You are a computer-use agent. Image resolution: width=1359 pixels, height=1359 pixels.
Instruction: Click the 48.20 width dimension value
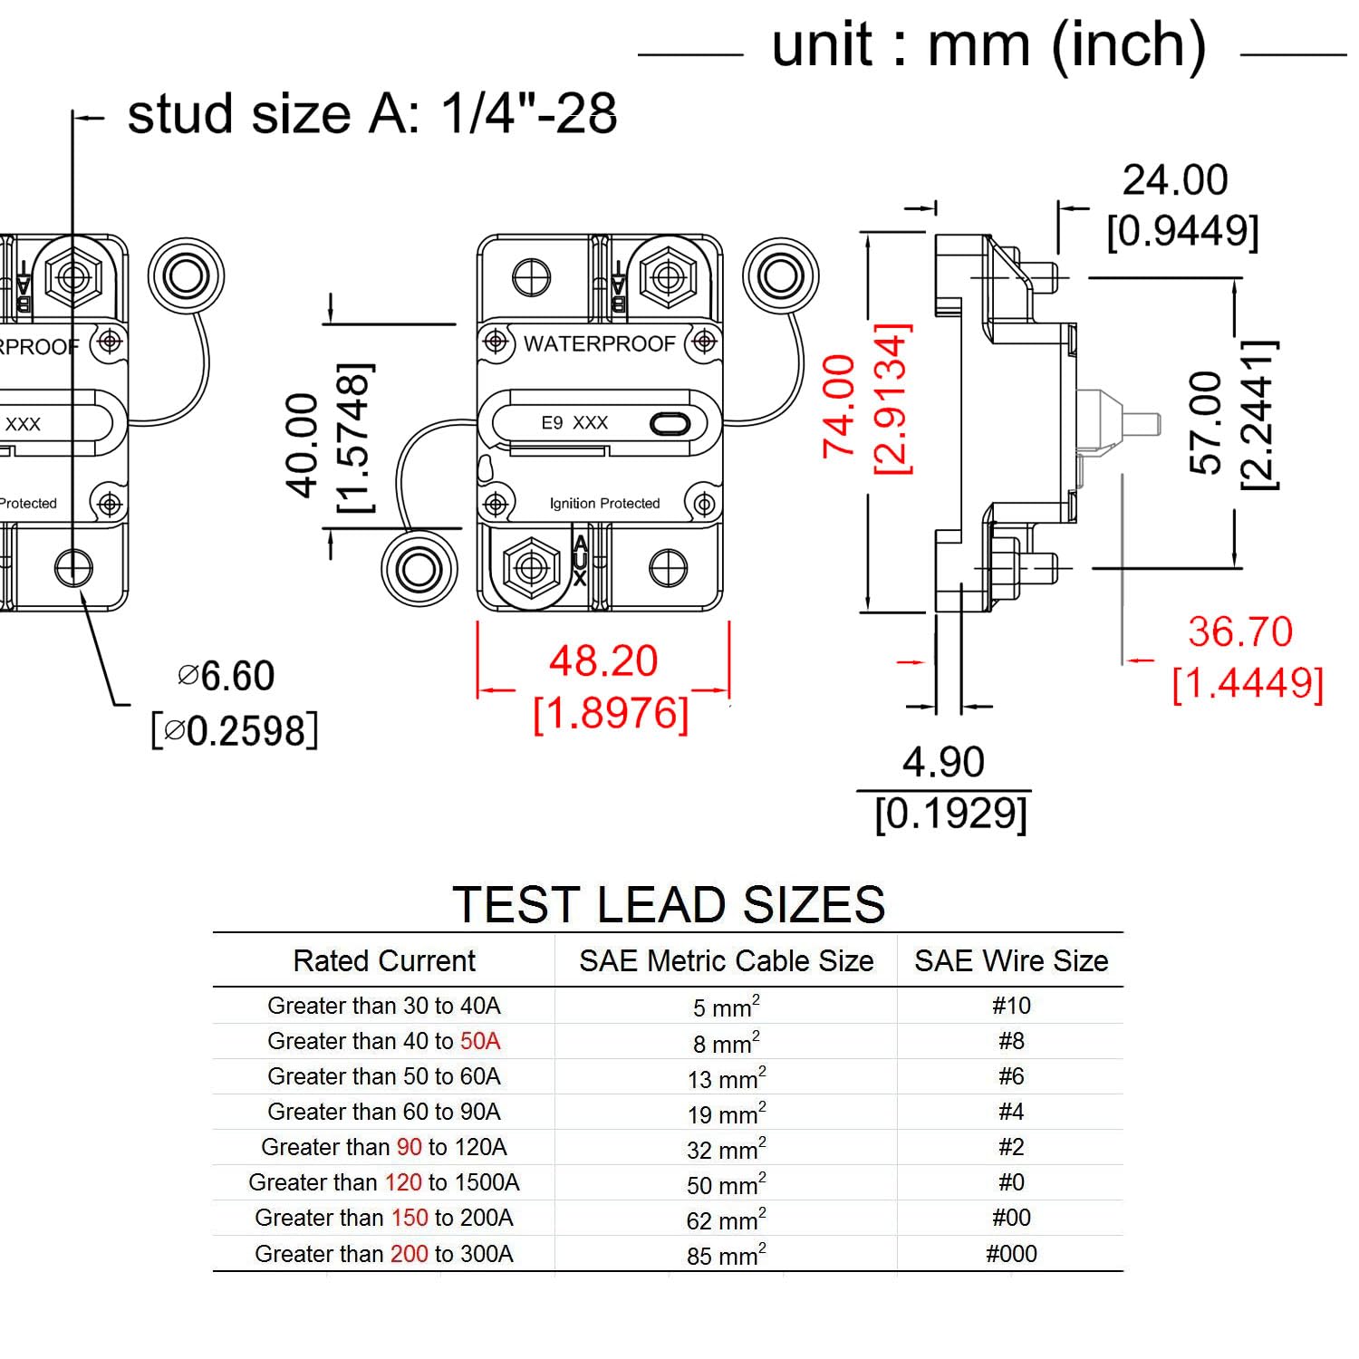[603, 661]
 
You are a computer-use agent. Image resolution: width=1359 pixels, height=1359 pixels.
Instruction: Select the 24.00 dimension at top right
[1175, 180]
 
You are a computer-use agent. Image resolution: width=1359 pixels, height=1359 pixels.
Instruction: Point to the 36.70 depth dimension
[1240, 632]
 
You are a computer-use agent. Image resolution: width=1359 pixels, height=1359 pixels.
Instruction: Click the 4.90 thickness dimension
[943, 763]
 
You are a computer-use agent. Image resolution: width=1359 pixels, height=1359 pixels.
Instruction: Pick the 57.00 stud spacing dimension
[1206, 422]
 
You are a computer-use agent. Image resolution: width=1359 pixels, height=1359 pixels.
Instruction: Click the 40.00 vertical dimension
[303, 445]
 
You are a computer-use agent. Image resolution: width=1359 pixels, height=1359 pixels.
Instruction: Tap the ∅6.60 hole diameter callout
[226, 677]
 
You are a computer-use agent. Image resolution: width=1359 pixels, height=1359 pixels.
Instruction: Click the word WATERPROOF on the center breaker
[600, 344]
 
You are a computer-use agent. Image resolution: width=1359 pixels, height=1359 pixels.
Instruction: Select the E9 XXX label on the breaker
[574, 423]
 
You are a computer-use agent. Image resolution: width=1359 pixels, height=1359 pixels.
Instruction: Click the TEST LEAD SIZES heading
[669, 905]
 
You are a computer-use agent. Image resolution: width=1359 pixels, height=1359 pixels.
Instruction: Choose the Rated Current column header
[383, 960]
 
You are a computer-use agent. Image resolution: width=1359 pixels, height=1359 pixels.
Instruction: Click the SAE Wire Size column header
[1011, 960]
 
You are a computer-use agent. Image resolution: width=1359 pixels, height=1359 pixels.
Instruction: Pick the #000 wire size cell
[1011, 1254]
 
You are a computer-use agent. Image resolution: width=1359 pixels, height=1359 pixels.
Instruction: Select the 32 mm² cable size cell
[726, 1149]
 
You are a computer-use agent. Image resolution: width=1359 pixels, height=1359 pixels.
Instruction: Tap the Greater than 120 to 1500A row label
[383, 1182]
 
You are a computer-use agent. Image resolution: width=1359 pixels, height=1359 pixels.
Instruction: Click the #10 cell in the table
[1011, 1006]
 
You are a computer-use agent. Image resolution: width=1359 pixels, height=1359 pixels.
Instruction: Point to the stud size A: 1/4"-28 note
[371, 115]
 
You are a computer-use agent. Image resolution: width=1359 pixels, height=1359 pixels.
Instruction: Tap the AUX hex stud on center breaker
[531, 567]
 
